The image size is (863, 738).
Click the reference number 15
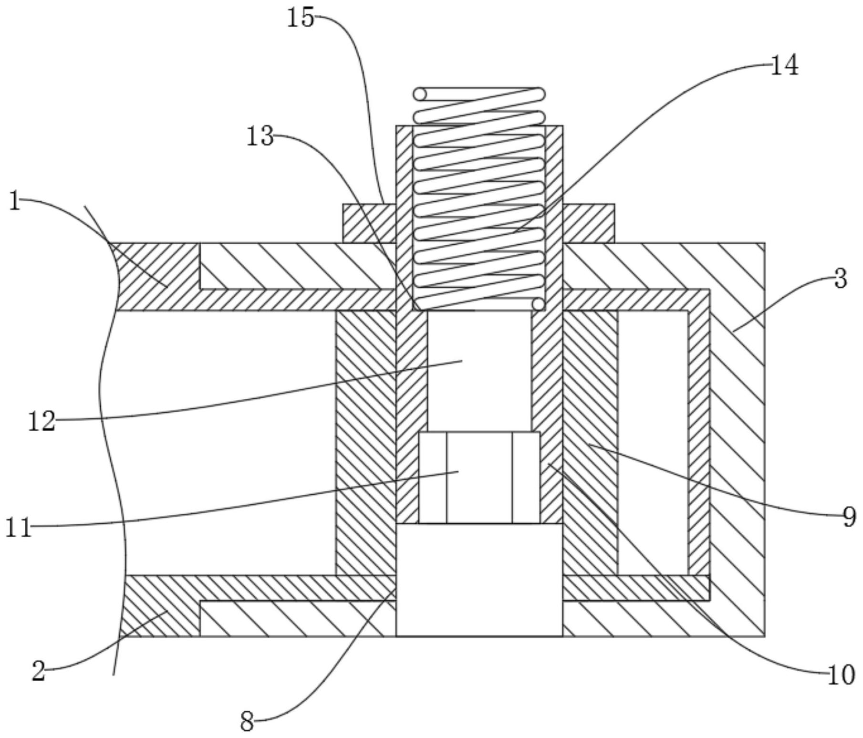301,19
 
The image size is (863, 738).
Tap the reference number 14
784,65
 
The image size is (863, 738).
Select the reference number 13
260,137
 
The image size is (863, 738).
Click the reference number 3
841,279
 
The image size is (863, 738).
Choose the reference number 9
849,517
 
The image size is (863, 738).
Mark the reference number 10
841,676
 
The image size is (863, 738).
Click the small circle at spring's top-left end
420,94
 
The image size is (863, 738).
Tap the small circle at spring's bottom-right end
538,304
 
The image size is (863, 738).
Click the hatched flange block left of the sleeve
369,223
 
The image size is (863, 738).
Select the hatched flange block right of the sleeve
588,223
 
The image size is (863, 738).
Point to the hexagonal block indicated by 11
479,478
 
